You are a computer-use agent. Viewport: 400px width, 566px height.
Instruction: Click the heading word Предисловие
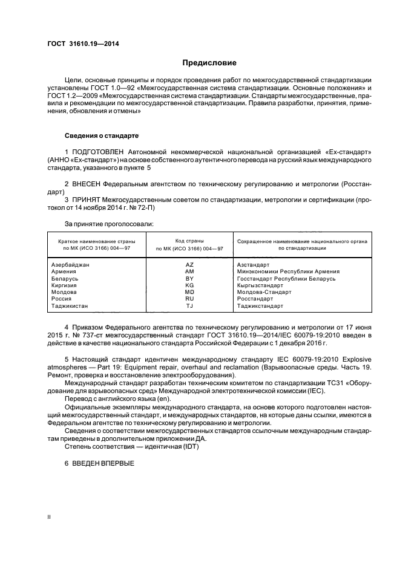pyautogui.click(x=210, y=63)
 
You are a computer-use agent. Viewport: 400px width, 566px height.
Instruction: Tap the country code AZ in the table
pyautogui.click(x=189, y=264)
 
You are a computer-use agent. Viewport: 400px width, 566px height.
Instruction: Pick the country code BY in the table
pyautogui.click(x=189, y=278)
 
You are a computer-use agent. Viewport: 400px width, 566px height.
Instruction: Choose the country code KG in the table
pyautogui.click(x=189, y=285)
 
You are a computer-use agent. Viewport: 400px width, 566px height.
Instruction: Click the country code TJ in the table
pyautogui.click(x=189, y=305)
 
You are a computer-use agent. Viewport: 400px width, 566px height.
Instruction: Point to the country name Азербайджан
pyautogui.click(x=71, y=264)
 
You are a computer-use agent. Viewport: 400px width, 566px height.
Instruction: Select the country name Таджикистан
pyautogui.click(x=71, y=305)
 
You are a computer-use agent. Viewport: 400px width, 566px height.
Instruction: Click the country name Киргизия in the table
pyautogui.click(x=67, y=285)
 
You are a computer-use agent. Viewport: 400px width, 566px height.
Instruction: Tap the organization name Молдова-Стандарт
pyautogui.click(x=264, y=291)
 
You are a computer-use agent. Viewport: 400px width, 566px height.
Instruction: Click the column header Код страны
pyautogui.click(x=189, y=241)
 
